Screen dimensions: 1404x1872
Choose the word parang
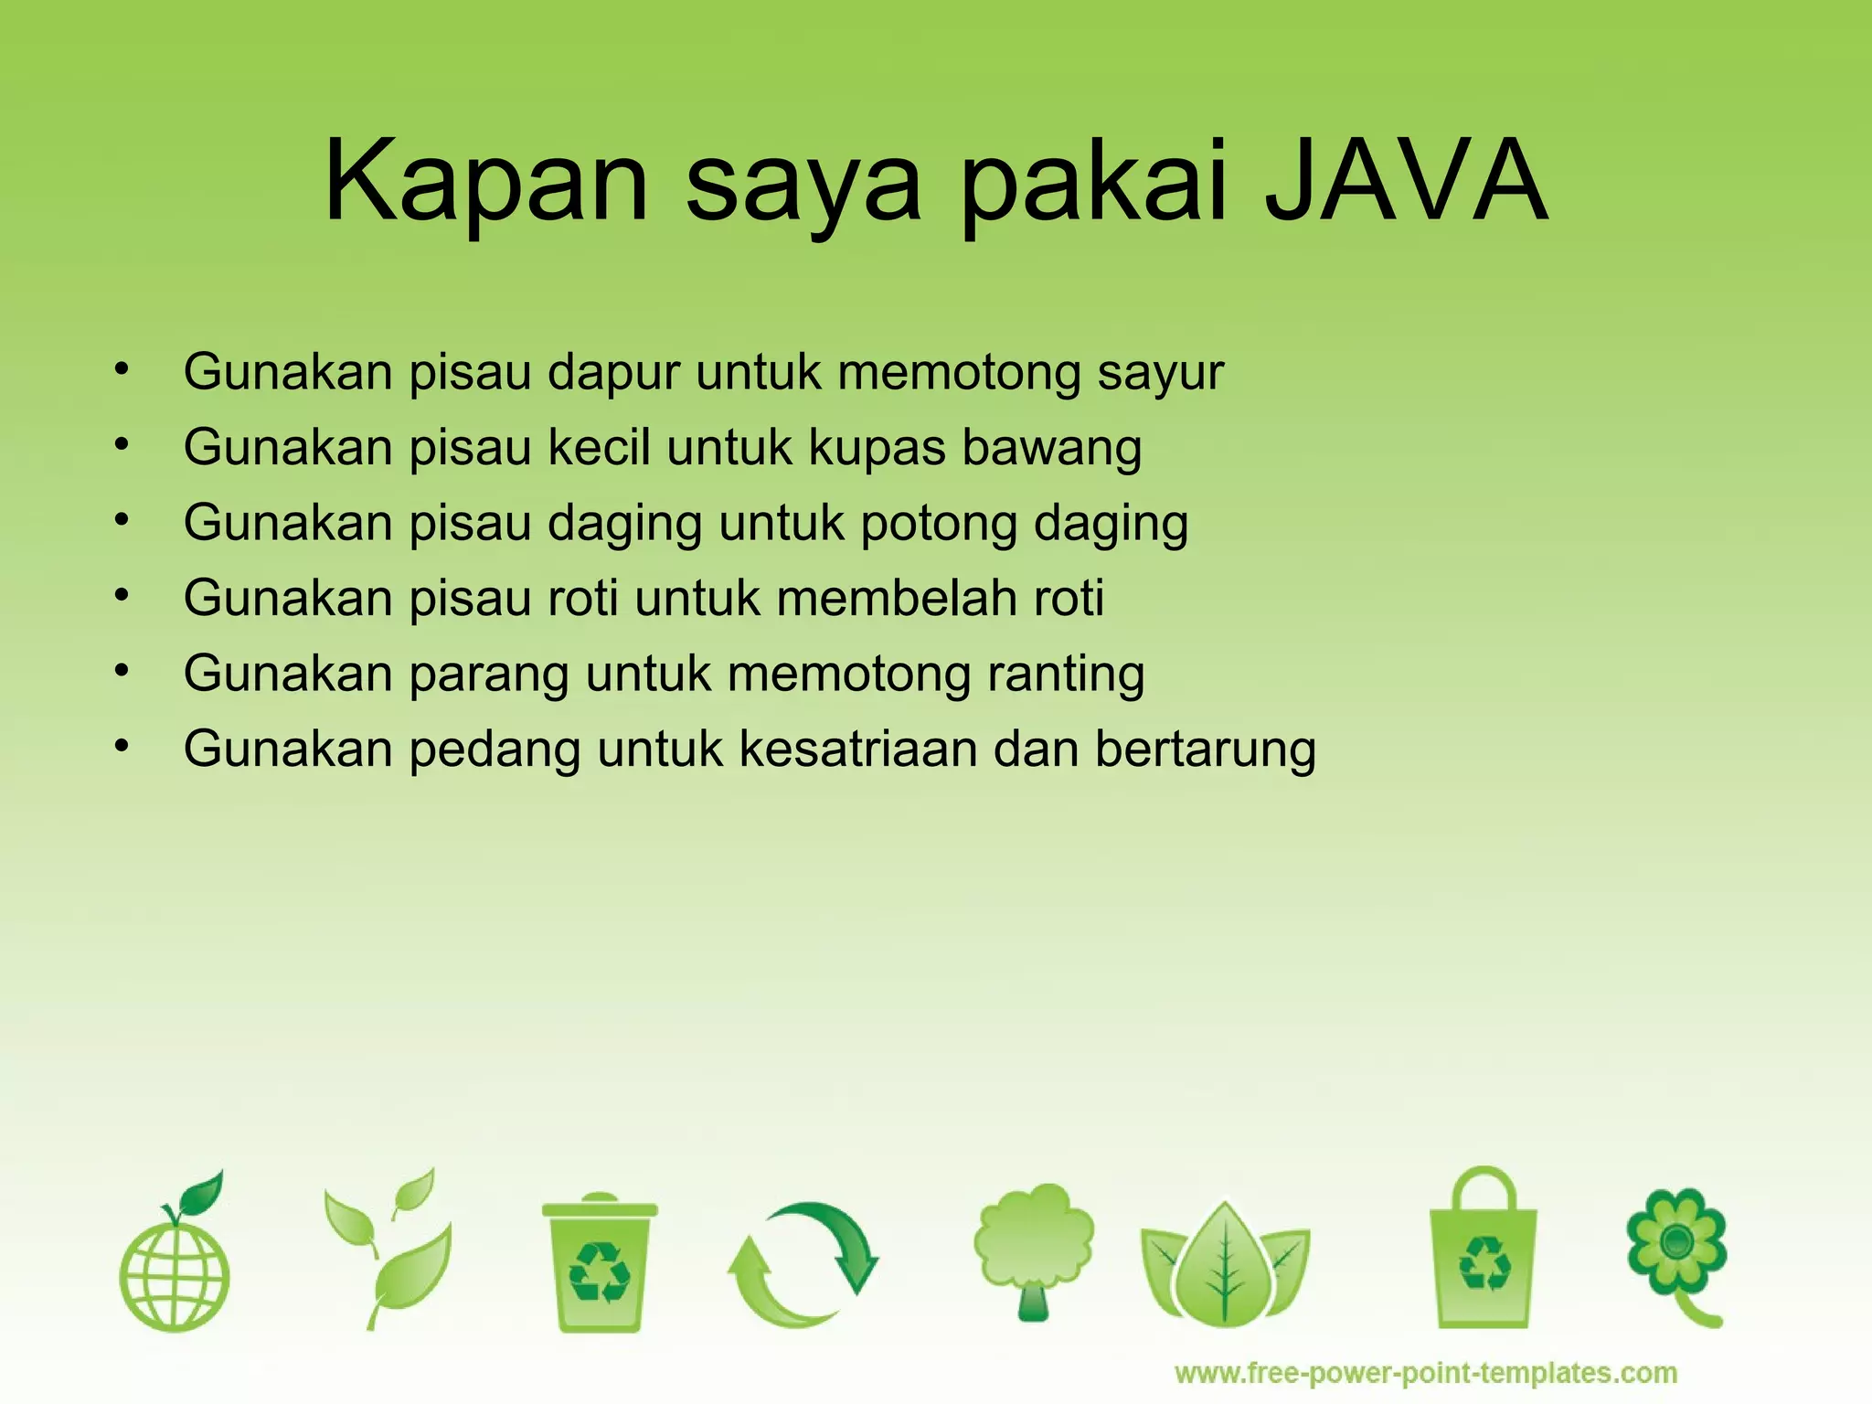click(489, 675)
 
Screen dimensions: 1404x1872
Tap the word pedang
click(495, 750)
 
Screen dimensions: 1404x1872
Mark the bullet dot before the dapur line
click(122, 370)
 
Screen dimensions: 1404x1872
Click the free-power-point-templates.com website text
click(1426, 1373)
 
